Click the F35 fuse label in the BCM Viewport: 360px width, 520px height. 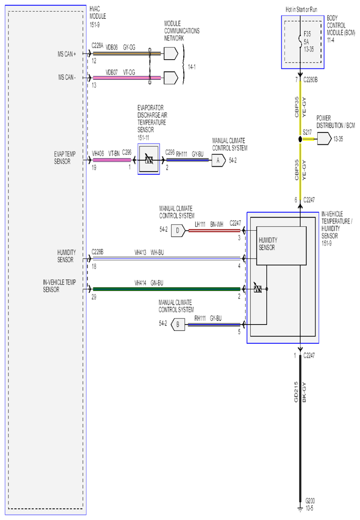coord(307,34)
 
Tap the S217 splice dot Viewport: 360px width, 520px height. coord(300,139)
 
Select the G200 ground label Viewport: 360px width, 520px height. coord(310,501)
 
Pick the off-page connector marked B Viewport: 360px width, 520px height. coord(178,325)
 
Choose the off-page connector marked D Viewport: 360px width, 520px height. coord(178,231)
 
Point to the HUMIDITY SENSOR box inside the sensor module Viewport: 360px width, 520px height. coord(282,246)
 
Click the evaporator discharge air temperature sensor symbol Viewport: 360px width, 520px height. coord(148,159)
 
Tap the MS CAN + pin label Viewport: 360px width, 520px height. coord(67,54)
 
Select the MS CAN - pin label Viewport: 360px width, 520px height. coord(67,77)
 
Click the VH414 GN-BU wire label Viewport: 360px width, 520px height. coord(148,283)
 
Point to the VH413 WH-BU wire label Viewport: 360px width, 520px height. coord(149,253)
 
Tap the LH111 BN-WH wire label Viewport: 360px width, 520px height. coord(209,224)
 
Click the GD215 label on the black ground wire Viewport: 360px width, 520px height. coord(296,392)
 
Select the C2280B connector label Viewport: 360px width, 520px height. coord(310,80)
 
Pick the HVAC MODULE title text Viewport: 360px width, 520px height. coord(97,12)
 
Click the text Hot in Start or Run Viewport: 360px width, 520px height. coord(301,9)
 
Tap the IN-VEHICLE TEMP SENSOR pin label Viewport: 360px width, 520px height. coord(60,286)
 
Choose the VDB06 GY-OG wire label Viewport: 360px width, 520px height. coord(121,48)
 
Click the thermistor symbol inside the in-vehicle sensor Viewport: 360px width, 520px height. coord(258,288)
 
